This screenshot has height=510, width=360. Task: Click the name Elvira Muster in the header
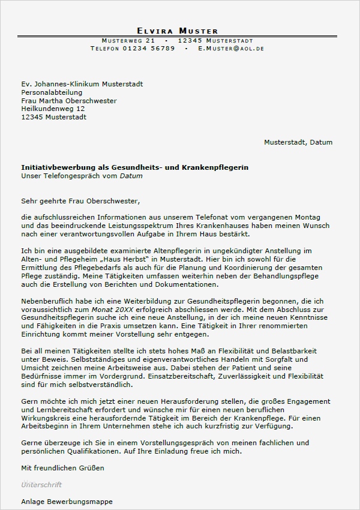point(177,31)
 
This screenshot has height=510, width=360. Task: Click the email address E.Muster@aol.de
point(231,48)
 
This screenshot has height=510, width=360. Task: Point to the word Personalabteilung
point(50,92)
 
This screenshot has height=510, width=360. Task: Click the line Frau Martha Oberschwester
point(68,101)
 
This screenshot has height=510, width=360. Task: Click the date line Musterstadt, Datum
point(298,143)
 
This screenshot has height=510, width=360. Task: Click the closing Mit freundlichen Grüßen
point(62,467)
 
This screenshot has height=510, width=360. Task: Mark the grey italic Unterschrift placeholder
point(41,484)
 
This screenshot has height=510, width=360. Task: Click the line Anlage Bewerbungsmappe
point(67,501)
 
